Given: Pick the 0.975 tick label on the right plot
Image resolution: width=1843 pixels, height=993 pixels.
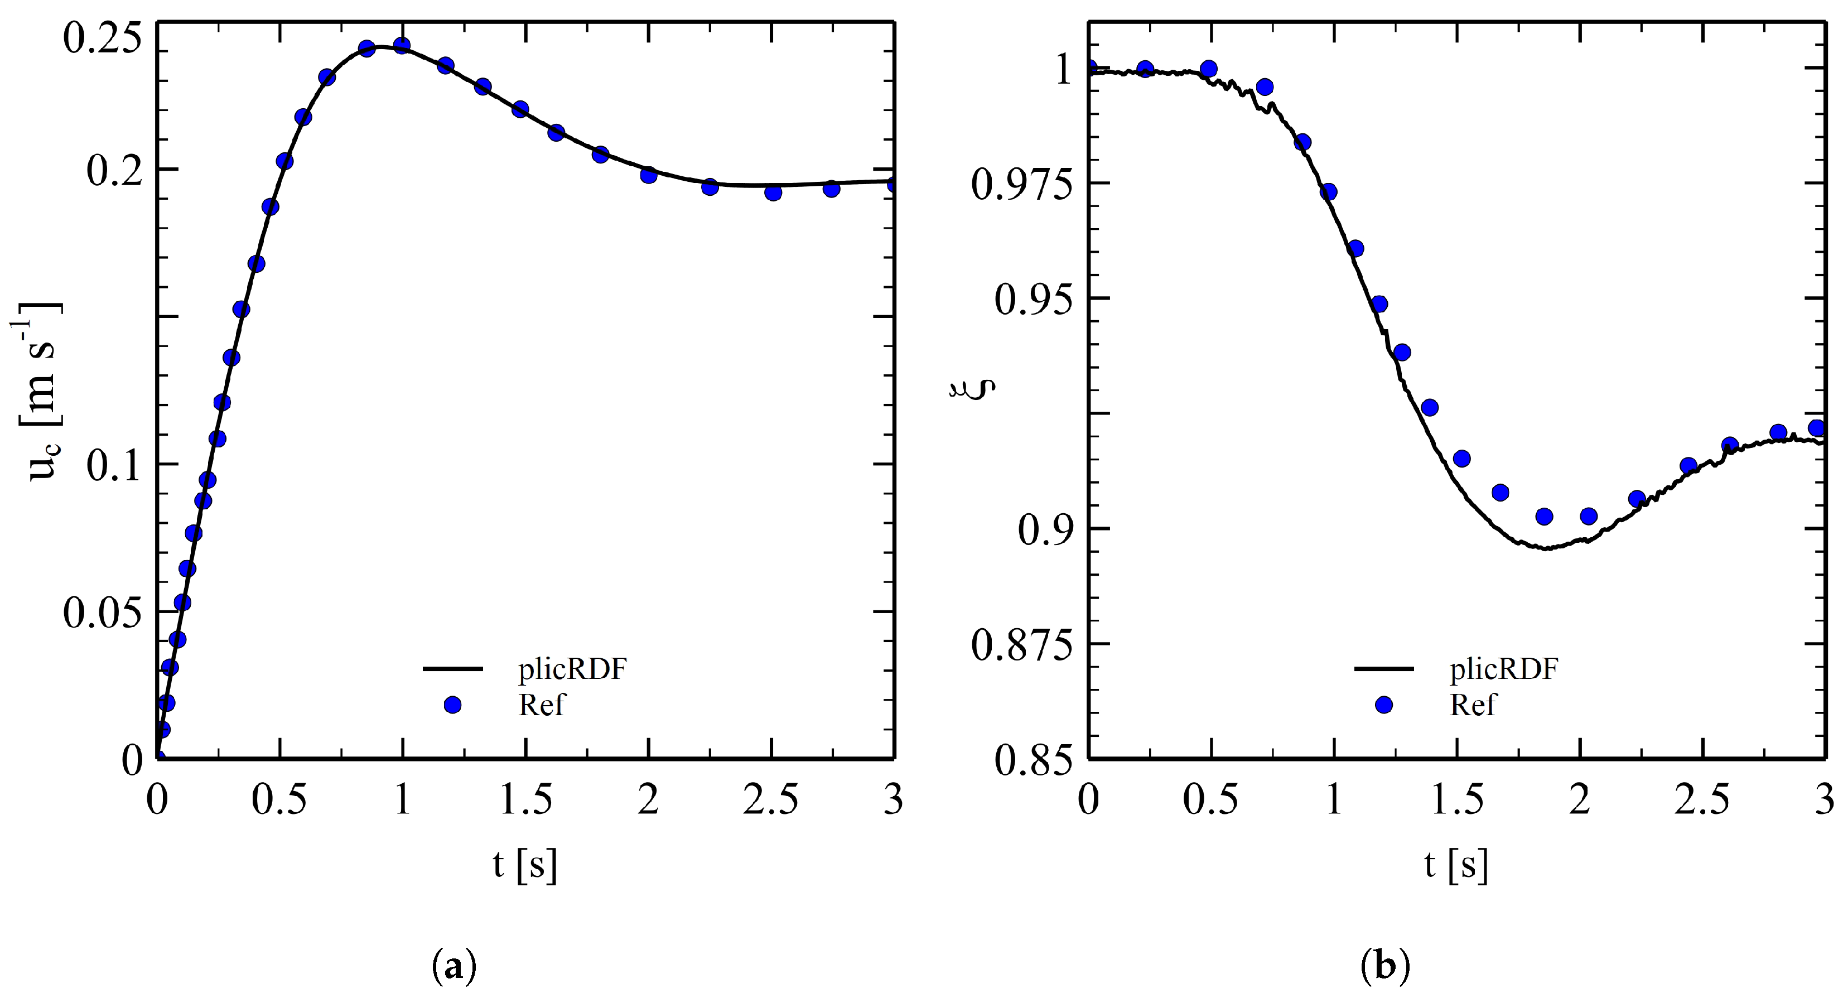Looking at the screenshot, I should pos(1023,185).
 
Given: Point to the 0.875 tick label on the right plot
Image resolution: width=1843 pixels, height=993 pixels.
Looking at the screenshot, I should pos(1023,644).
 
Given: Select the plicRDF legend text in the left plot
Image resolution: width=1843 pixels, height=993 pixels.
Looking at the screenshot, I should pos(572,669).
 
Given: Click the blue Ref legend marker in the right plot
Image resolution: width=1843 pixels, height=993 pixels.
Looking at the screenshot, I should pos(1384,705).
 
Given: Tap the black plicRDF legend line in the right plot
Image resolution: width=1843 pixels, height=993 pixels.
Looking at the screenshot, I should pos(1384,669).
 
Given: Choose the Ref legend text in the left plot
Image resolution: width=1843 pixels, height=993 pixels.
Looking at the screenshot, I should pos(541,705).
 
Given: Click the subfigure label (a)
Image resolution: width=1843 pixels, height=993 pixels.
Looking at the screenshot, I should pos(454,967).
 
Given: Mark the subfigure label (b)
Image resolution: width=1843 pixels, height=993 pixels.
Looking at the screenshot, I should pos(1385,967).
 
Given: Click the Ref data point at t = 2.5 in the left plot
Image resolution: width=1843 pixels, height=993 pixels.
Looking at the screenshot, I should pos(773,192).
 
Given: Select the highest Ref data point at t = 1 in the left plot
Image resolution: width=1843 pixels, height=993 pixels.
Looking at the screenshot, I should pos(402,46).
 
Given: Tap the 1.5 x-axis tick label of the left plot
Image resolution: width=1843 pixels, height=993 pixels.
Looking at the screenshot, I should pos(526,800).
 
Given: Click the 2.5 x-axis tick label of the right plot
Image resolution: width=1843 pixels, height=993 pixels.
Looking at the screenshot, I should pos(1702,800).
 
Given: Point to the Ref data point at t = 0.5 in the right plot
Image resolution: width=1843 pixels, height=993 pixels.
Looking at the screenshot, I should pos(1208,69).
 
